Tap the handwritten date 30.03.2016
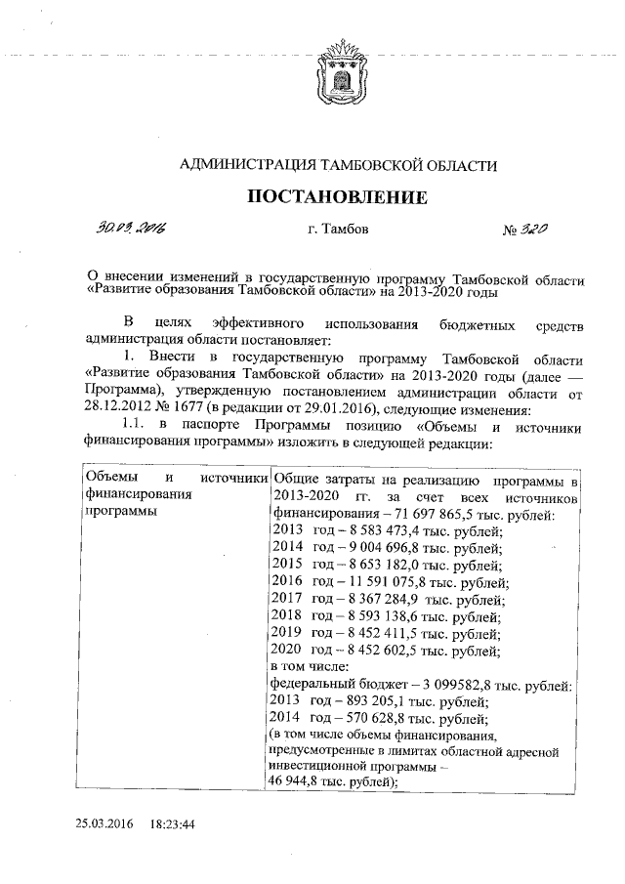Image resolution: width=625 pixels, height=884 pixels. tap(130, 230)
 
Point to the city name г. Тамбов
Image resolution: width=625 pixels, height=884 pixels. tap(339, 231)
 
